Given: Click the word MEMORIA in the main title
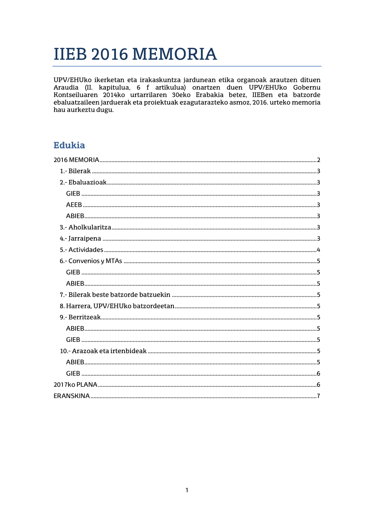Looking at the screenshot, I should coord(174,54).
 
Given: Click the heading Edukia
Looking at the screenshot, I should coord(69,145).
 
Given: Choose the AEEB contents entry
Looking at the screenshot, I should coord(74,205).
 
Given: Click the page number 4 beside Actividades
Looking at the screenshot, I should coord(318,250).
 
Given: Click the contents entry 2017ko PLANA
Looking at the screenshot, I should coord(76,385).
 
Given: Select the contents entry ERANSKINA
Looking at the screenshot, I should coord(72,396).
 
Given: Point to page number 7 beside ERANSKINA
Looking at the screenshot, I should coord(318,396).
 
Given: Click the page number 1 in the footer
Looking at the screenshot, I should coord(187,490).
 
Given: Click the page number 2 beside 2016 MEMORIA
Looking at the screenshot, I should coord(318,160).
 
